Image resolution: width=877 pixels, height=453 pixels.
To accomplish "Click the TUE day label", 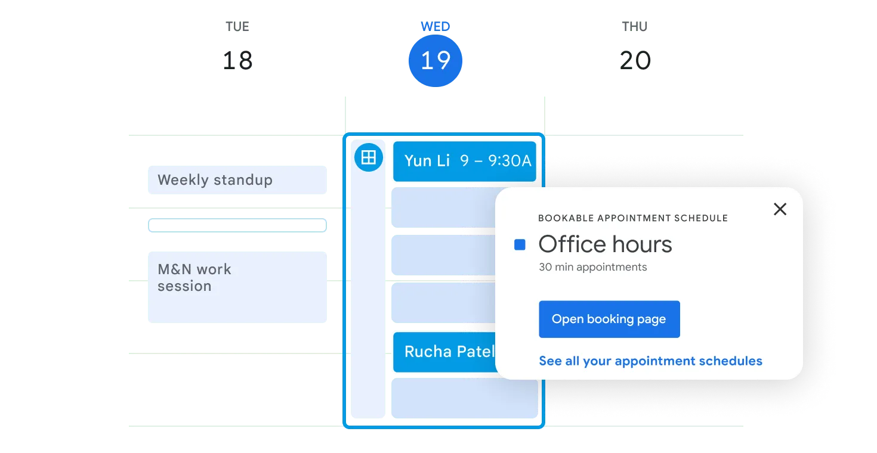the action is [237, 27].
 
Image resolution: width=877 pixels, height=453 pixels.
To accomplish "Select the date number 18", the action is [237, 61].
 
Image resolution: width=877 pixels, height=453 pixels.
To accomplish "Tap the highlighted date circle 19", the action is [436, 61].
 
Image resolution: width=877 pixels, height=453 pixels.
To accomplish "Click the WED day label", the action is [436, 27].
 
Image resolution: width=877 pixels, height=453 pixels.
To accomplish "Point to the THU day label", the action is [635, 27].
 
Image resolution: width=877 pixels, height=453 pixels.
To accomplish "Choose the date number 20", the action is [635, 61].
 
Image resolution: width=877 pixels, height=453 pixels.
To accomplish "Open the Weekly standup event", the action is [237, 180].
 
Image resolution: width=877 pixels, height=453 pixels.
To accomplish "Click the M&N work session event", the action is [237, 287].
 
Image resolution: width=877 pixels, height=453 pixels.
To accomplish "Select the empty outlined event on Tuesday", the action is [237, 225].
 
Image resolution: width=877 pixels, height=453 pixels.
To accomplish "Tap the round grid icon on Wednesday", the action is [369, 157].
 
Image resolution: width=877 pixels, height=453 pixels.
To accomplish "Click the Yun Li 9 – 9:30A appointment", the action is [465, 161].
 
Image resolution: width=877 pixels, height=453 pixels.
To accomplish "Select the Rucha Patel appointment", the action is [444, 352].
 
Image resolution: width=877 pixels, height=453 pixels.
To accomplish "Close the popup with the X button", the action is [780, 209].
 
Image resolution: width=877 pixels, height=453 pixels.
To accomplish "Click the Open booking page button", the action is [609, 319].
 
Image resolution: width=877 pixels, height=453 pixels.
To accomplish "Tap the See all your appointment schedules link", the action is [650, 361].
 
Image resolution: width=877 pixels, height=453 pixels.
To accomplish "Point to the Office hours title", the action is [605, 244].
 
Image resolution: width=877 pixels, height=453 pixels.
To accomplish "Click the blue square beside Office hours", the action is [520, 245].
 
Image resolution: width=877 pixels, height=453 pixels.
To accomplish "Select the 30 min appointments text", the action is [593, 267].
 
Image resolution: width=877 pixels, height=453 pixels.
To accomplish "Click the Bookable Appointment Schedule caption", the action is [632, 218].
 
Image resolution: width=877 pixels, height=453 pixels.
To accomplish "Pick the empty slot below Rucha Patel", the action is [465, 398].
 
